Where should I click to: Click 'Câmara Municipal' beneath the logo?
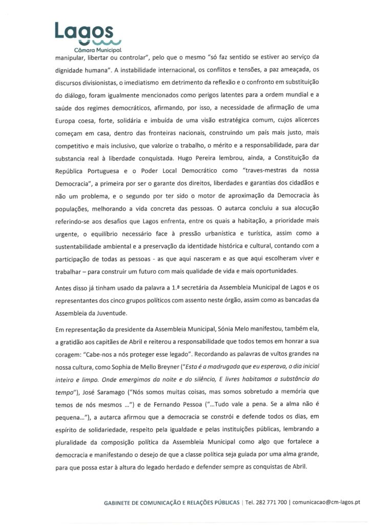coord(97,51)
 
